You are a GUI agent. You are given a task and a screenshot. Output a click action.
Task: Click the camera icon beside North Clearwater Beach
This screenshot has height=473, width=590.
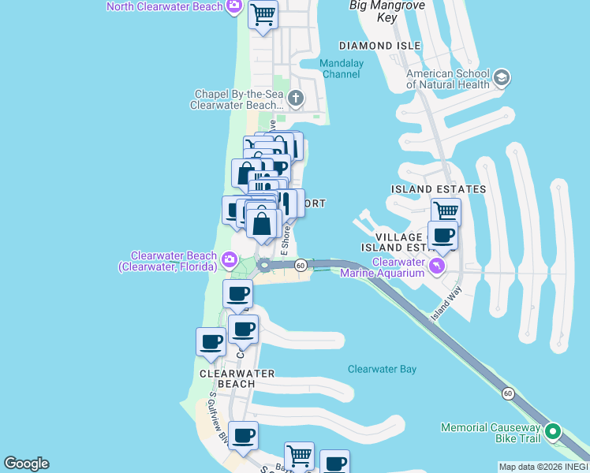[233, 7]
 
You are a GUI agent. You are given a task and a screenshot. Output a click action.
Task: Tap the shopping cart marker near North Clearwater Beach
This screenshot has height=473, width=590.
[263, 14]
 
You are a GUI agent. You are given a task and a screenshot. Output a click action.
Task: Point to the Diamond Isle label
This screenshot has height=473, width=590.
[379, 46]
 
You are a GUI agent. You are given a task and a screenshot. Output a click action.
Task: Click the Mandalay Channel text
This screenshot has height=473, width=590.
[341, 69]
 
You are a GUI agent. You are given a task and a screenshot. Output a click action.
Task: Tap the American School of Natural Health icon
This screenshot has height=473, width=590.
[502, 79]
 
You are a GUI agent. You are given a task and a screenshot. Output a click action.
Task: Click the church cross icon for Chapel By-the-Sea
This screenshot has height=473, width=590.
[296, 99]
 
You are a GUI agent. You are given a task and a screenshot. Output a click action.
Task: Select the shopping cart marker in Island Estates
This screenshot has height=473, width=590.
[446, 211]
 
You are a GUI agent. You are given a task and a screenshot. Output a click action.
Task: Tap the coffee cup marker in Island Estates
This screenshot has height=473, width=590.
[442, 235]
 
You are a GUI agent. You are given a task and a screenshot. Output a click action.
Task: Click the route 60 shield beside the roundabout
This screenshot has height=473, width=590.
[301, 266]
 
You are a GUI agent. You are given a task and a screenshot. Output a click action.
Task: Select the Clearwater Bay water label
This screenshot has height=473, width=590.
[382, 369]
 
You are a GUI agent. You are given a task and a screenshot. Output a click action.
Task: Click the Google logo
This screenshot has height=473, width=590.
[25, 464]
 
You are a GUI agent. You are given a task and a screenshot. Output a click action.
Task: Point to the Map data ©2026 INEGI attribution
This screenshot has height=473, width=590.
[543, 467]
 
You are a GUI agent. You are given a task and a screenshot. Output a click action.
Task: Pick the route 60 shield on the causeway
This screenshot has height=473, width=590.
[508, 392]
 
